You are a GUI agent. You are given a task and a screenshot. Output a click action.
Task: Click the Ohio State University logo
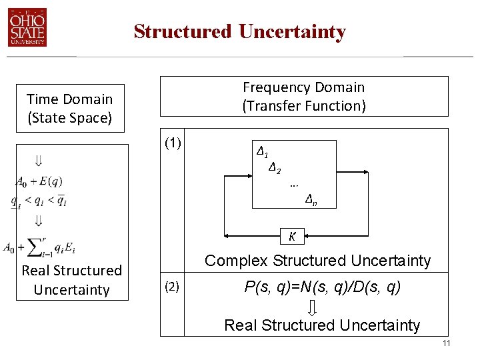click(27, 28)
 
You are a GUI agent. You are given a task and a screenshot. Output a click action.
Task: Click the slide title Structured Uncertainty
click(239, 31)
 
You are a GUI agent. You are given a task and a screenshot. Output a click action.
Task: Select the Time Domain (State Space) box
click(69, 109)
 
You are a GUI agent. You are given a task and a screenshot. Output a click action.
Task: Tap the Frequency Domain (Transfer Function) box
click(303, 97)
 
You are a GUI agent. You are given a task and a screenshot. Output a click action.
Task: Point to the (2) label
click(172, 287)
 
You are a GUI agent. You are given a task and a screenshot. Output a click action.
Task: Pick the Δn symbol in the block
click(311, 198)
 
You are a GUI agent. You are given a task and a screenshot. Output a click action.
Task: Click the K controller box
click(292, 235)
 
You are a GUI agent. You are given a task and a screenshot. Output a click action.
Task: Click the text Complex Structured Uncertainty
click(317, 261)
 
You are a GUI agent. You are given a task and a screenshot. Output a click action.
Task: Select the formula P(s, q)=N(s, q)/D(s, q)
click(322, 287)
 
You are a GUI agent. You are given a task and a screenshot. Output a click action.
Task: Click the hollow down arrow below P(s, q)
click(312, 307)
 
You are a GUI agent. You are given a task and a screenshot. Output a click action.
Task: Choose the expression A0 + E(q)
click(40, 181)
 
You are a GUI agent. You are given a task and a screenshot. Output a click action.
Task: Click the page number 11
click(447, 343)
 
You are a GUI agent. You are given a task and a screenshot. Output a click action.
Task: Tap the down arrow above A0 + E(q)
click(39, 161)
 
